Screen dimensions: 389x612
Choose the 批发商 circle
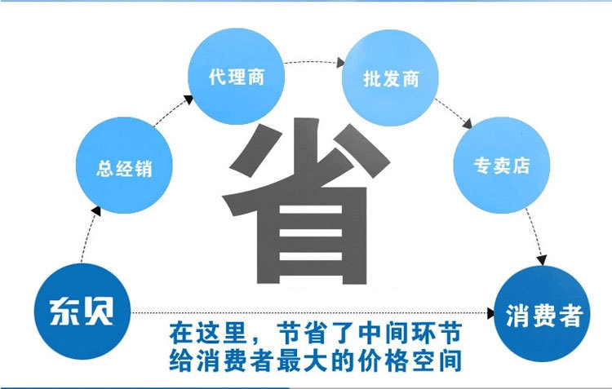[x=391, y=80]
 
